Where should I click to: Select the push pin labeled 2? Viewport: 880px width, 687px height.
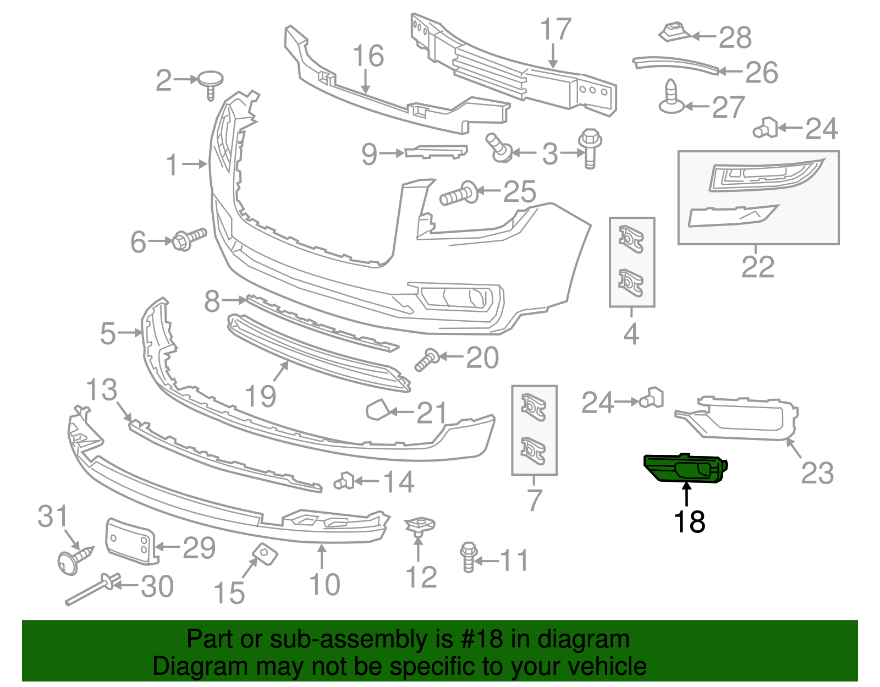pos(210,83)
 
